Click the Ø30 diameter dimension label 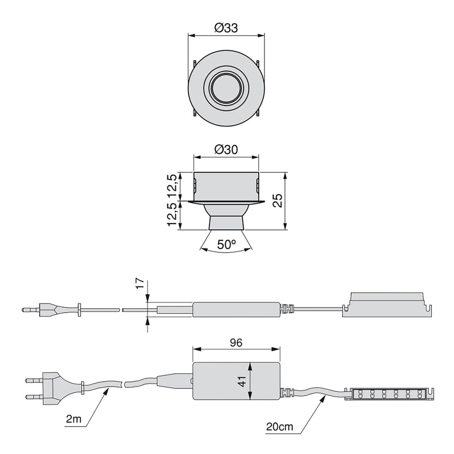226,150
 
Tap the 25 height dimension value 278,200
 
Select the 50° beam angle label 227,245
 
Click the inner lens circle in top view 226,87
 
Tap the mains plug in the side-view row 45,310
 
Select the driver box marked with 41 237,382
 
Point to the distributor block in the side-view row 386,303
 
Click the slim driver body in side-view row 236,310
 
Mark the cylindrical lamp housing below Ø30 227,186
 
